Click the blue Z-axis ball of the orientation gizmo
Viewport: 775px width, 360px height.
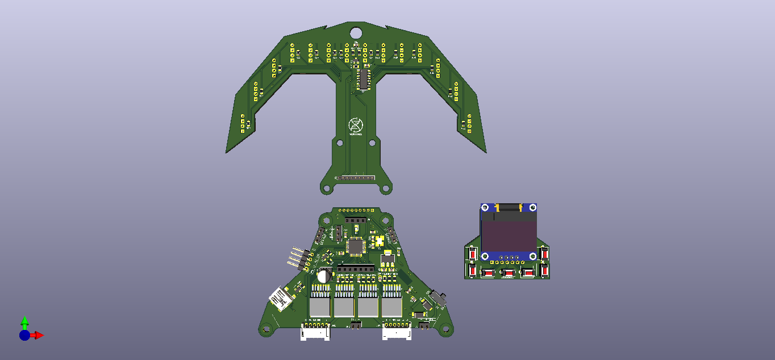(24, 335)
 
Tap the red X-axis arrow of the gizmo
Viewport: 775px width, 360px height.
(38, 335)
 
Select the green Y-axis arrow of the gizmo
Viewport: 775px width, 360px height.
(24, 321)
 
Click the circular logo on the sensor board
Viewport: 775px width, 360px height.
(355, 124)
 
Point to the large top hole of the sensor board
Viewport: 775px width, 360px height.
(356, 33)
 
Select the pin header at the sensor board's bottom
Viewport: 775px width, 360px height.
(355, 178)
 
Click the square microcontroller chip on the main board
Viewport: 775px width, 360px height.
(356, 246)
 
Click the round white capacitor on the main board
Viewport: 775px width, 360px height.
(324, 276)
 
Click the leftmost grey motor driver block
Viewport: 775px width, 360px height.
(320, 307)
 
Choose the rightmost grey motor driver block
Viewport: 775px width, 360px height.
(391, 307)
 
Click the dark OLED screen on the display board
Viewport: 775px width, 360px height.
(509, 236)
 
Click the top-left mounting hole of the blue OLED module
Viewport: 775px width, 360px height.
(485, 208)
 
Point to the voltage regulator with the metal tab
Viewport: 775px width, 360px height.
(388, 260)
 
